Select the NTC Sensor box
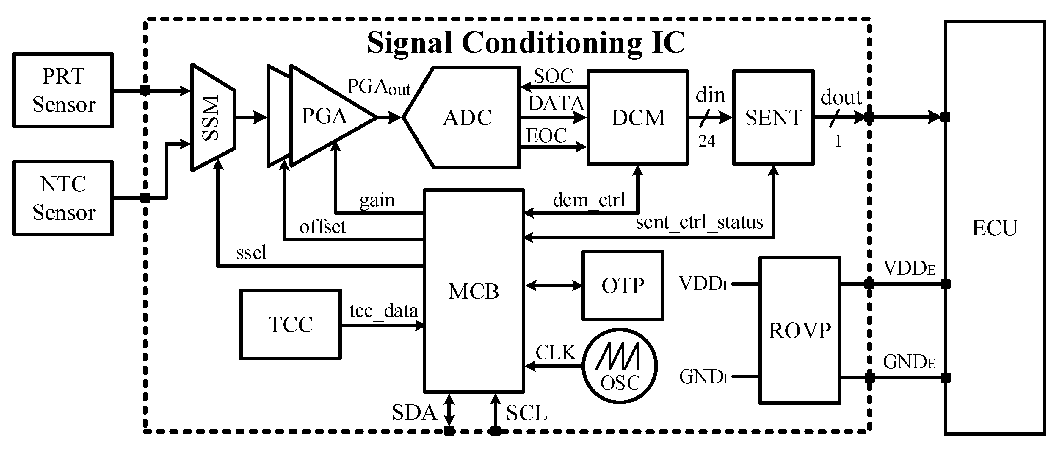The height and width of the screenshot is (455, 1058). (x=63, y=198)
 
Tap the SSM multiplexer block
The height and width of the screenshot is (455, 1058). (x=213, y=118)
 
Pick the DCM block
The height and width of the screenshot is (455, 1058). (x=637, y=118)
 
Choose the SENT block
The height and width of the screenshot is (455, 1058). (x=773, y=118)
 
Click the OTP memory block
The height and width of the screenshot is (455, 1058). (x=623, y=286)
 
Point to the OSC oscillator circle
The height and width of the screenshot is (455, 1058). (x=619, y=365)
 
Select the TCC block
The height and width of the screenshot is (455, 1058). (x=290, y=324)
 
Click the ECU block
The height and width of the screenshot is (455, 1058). (x=994, y=228)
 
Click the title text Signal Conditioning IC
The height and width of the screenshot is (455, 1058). (x=526, y=43)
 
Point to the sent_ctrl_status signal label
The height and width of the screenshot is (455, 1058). (x=699, y=222)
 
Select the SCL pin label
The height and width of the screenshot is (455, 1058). (x=526, y=413)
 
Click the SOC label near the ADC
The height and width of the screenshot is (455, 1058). (x=553, y=76)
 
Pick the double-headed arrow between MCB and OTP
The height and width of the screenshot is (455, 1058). (x=554, y=285)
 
